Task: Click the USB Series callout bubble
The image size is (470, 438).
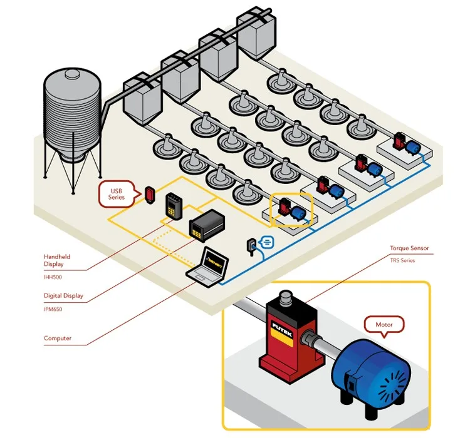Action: (118, 193)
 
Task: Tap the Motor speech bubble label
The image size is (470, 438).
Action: (384, 325)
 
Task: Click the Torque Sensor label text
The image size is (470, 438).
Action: (409, 248)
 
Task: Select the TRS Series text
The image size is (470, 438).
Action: (403, 260)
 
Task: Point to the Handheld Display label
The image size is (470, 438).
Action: (57, 260)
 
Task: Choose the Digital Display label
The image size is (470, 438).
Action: (63, 295)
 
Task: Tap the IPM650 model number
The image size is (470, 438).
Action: (53, 308)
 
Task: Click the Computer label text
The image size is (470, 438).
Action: (58, 339)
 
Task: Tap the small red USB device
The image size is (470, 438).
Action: (150, 194)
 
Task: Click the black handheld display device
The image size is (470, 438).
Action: (173, 207)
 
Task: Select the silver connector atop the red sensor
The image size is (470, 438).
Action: (286, 297)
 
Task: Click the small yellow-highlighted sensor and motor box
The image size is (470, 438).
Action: (291, 209)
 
